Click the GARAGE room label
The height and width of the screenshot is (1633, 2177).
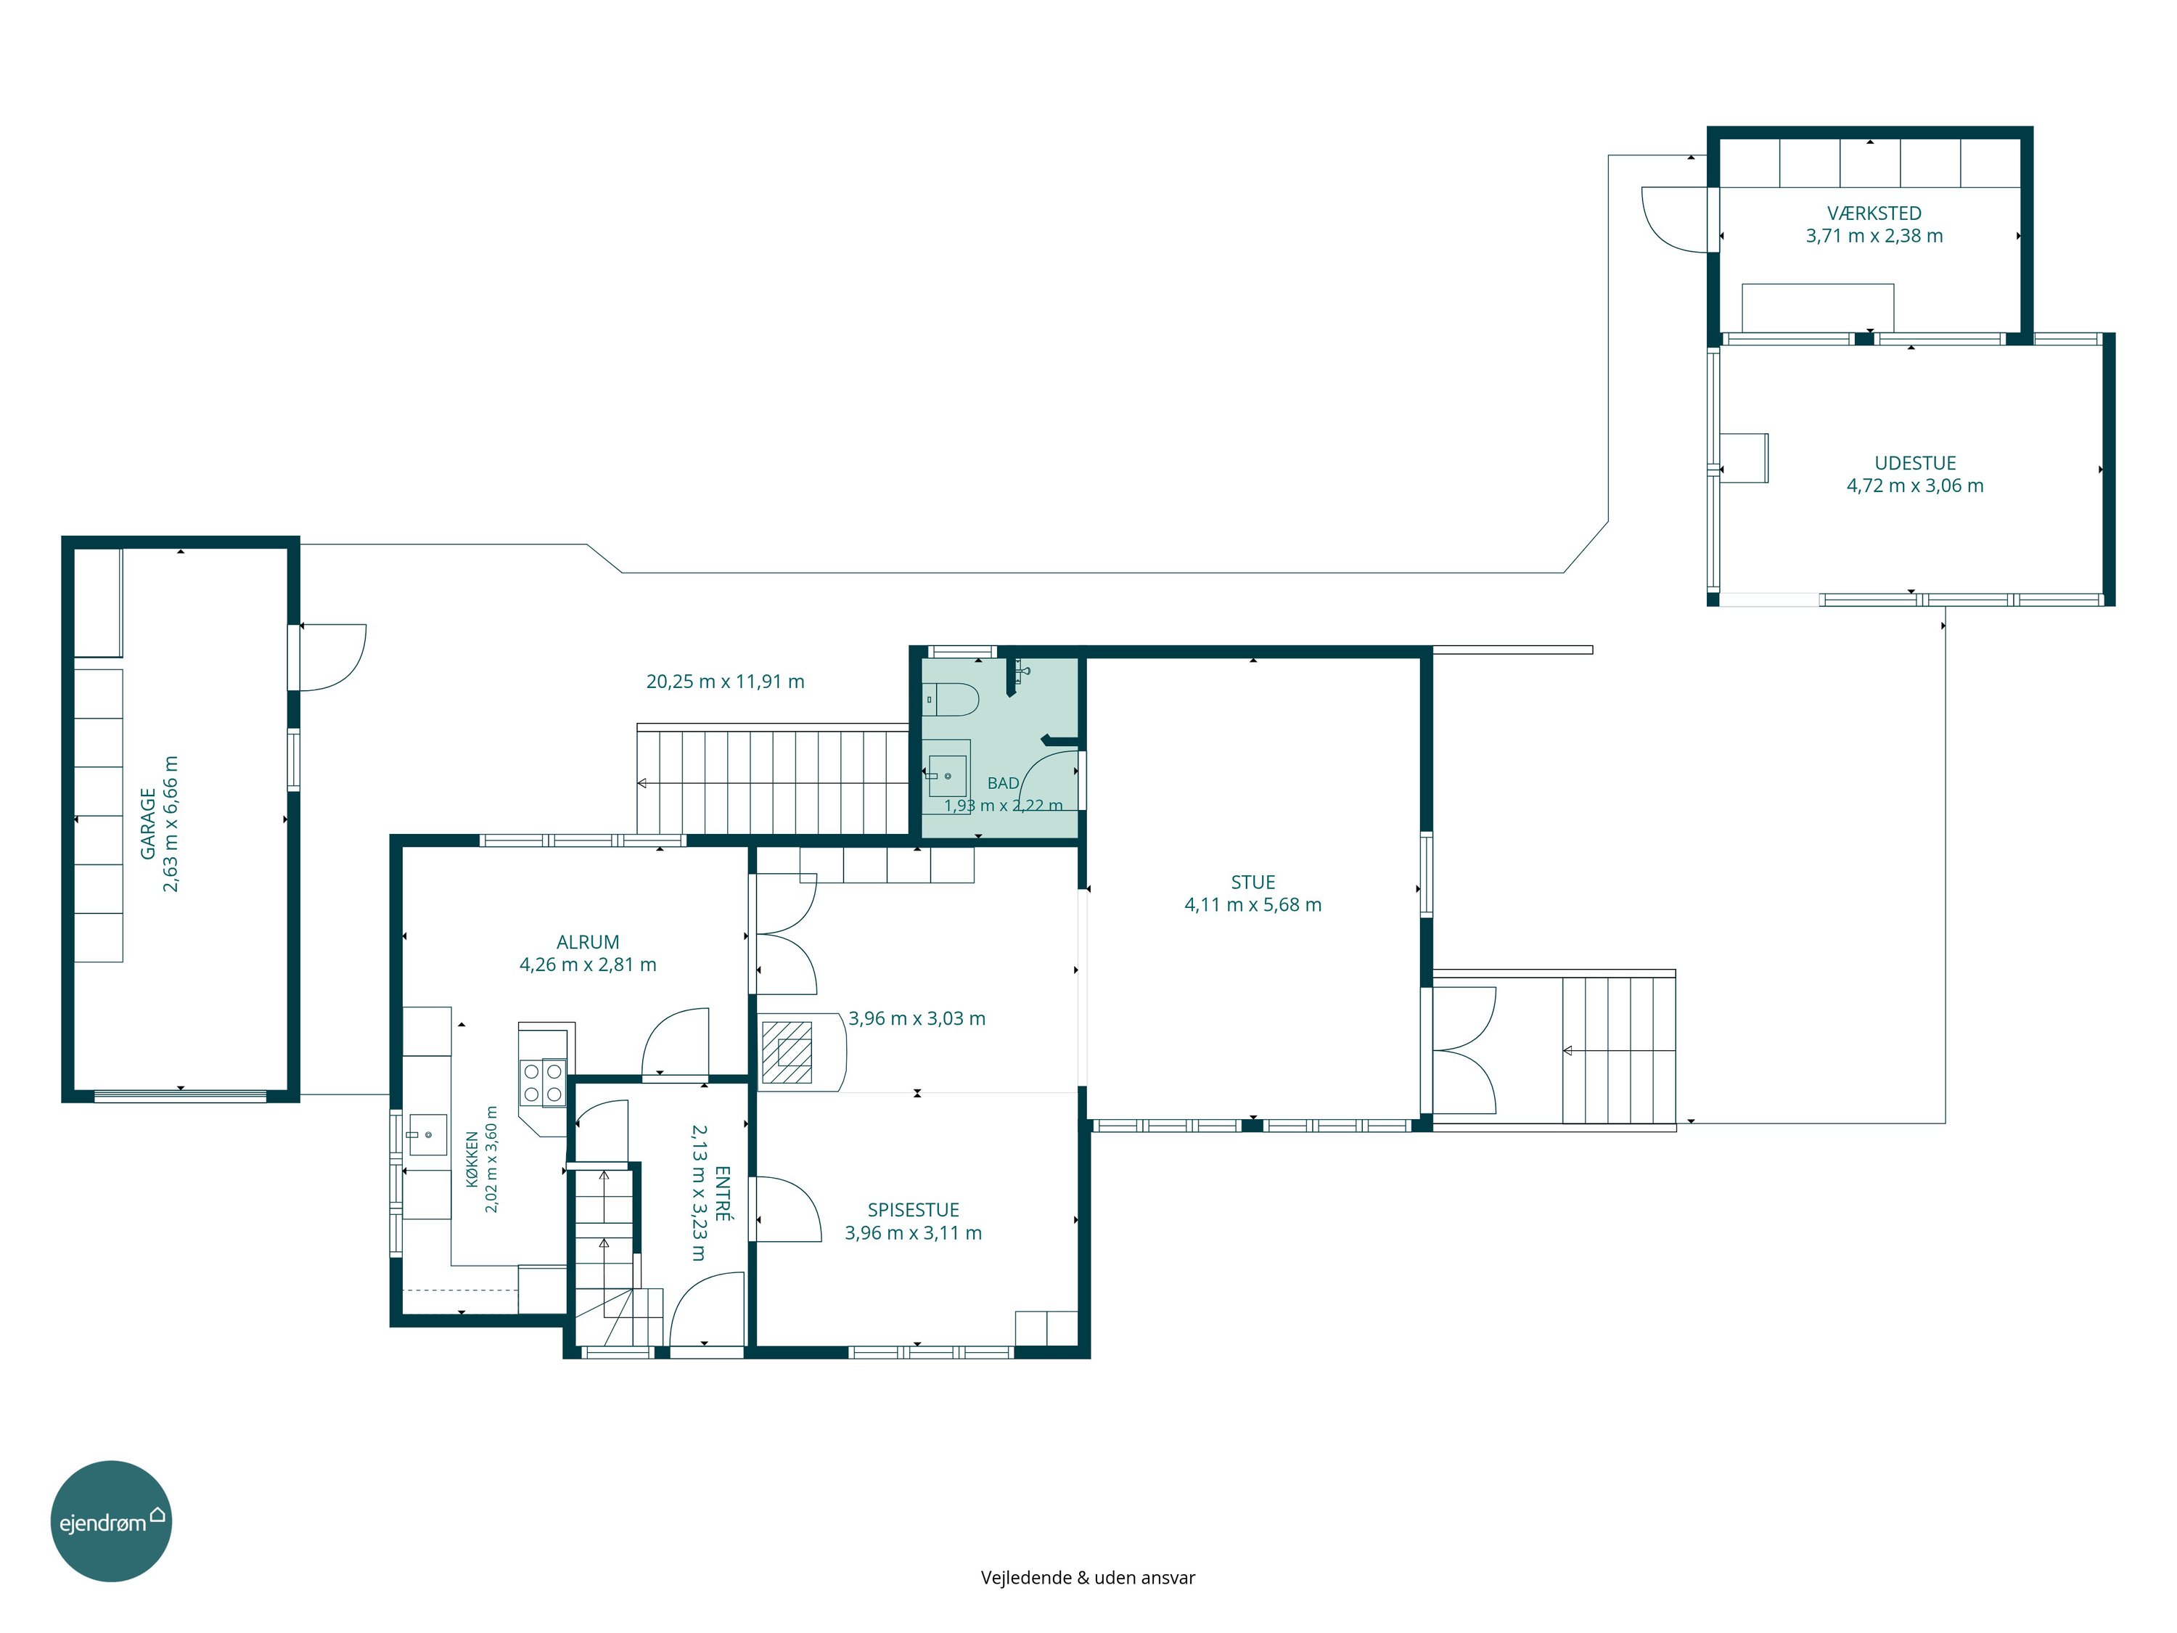click(147, 823)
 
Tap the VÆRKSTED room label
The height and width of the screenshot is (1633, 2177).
click(1874, 213)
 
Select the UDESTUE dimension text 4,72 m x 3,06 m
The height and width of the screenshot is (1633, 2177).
click(1915, 486)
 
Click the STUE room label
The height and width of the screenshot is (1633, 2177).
click(1253, 882)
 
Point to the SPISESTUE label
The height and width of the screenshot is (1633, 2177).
click(914, 1210)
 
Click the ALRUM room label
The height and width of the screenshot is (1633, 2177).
click(588, 942)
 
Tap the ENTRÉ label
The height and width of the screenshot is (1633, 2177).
click(721, 1194)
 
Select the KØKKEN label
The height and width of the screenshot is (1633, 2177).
click(472, 1158)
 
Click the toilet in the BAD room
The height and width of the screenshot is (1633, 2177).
click(951, 699)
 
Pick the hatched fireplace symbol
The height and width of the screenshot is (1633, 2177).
click(787, 1052)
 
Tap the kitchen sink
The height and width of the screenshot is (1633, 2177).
click(427, 1135)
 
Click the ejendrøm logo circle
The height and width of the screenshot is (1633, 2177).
click(111, 1521)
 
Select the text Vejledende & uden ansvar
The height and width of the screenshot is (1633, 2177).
click(1088, 1577)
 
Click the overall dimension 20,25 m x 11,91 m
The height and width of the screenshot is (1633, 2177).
click(726, 682)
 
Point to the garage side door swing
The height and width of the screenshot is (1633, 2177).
click(332, 658)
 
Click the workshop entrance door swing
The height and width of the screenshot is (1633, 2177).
click(1675, 219)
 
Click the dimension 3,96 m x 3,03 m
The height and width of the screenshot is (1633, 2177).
click(917, 1018)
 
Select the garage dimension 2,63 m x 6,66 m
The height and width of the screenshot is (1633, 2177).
click(171, 824)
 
